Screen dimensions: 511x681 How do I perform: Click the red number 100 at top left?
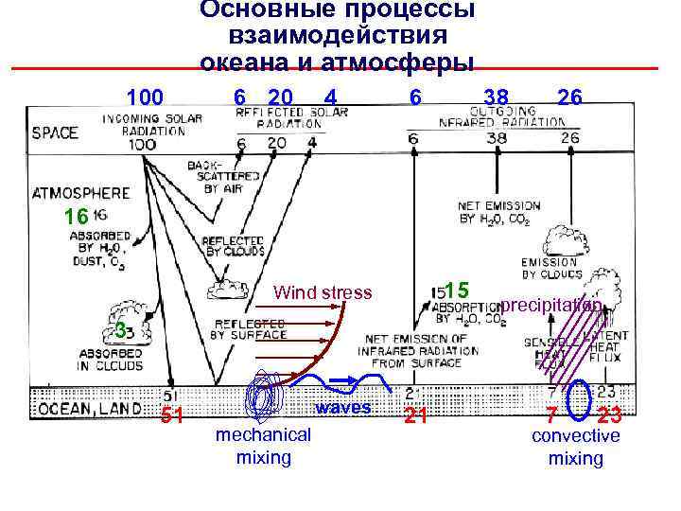146,97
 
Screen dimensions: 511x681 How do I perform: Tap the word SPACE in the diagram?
55,132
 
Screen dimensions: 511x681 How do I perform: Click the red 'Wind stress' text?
323,292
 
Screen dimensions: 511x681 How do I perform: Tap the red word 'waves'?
343,409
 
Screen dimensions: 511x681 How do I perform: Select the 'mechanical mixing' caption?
263,446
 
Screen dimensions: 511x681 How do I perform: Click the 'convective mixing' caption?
575,447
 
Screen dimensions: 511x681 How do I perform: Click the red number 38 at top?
496,97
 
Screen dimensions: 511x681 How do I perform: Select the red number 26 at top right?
569,97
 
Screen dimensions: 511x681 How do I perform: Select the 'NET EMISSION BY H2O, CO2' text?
498,212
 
